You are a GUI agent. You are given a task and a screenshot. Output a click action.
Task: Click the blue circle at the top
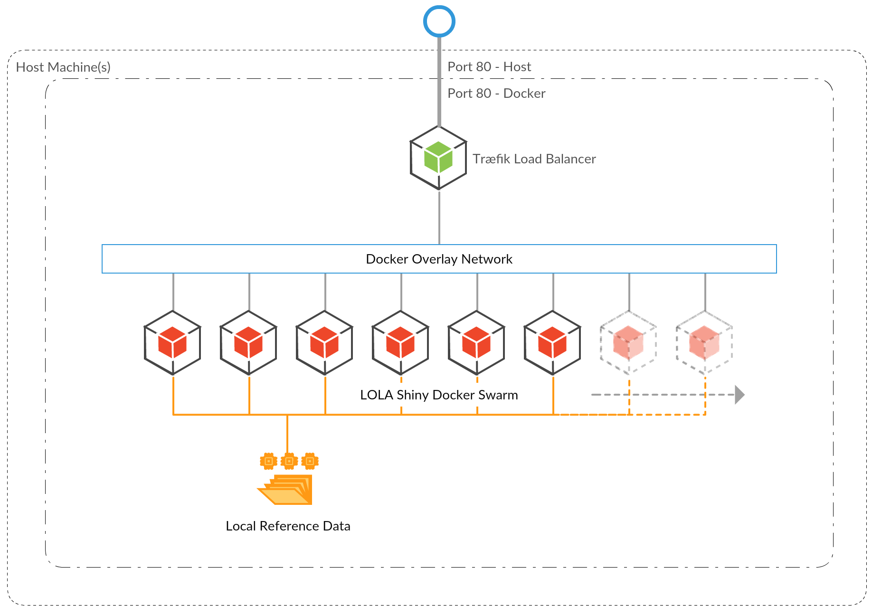439,21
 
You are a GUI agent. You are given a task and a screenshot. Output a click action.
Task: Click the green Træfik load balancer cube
438,158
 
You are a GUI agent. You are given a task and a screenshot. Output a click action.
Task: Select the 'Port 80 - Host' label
489,67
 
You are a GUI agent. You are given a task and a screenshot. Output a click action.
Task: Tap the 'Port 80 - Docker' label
496,94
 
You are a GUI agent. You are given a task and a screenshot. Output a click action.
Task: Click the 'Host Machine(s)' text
63,67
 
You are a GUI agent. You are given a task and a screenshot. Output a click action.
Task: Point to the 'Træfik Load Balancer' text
534,159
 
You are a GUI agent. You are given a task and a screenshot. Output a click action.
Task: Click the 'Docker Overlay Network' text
439,259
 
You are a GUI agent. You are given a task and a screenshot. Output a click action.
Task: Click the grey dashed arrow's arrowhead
739,395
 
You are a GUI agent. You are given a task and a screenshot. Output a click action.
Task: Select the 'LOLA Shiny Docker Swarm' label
439,395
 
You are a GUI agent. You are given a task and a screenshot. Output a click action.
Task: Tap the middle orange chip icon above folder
289,461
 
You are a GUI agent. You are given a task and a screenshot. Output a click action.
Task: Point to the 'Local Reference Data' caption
288,526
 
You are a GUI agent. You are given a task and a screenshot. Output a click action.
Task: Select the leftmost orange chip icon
268,461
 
